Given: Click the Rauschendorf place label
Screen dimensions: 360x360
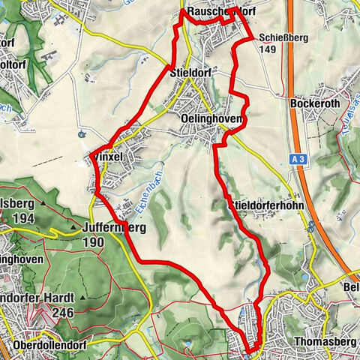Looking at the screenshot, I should coord(221,13).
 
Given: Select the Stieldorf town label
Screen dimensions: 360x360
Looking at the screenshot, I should coord(191,73).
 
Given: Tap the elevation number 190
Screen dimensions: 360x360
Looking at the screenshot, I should coord(94,241).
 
